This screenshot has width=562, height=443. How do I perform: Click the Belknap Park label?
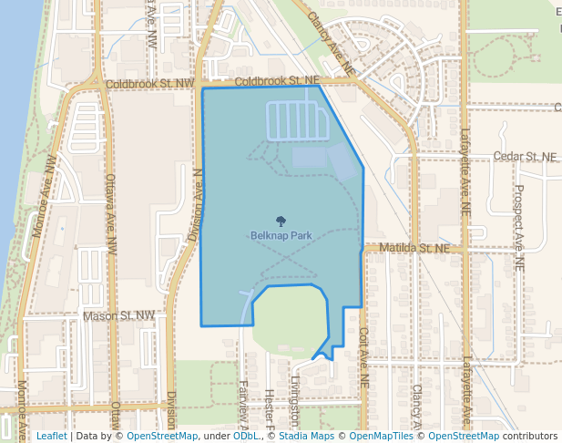click(281, 235)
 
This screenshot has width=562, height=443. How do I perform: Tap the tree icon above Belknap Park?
click(281, 220)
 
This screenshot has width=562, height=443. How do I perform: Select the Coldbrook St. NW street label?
click(150, 83)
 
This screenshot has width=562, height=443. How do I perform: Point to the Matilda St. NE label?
click(414, 248)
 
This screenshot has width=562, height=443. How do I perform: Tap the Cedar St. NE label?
click(524, 157)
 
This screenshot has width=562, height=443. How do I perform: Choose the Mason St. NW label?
click(119, 316)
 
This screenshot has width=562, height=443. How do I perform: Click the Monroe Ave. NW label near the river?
click(45, 196)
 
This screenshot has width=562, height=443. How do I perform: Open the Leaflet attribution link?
click(51, 436)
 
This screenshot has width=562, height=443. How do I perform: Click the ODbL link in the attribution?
click(245, 436)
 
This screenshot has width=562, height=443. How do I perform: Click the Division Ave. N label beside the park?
click(195, 205)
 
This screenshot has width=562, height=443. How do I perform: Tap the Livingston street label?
click(295, 401)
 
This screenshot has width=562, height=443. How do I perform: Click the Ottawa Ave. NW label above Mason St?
click(111, 214)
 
